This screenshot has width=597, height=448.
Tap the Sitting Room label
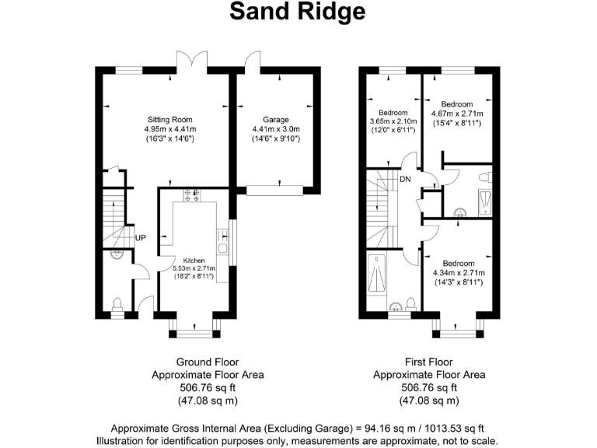click(x=169, y=119)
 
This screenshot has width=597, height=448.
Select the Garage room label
click(x=276, y=119)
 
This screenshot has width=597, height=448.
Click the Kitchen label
click(x=194, y=260)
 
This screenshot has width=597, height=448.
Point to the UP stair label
click(x=141, y=237)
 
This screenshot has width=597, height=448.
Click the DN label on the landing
click(x=405, y=180)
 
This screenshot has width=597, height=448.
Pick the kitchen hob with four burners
click(x=190, y=195)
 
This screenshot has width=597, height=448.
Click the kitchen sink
click(x=223, y=248)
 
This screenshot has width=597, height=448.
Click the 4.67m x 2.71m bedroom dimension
click(x=457, y=114)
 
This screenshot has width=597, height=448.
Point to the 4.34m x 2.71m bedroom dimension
click(x=459, y=273)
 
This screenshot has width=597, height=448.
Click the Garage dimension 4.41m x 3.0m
click(x=276, y=128)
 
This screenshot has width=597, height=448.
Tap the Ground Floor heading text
click(x=208, y=362)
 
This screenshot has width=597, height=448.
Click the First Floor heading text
click(x=429, y=362)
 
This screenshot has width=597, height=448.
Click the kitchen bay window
click(x=194, y=334)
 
